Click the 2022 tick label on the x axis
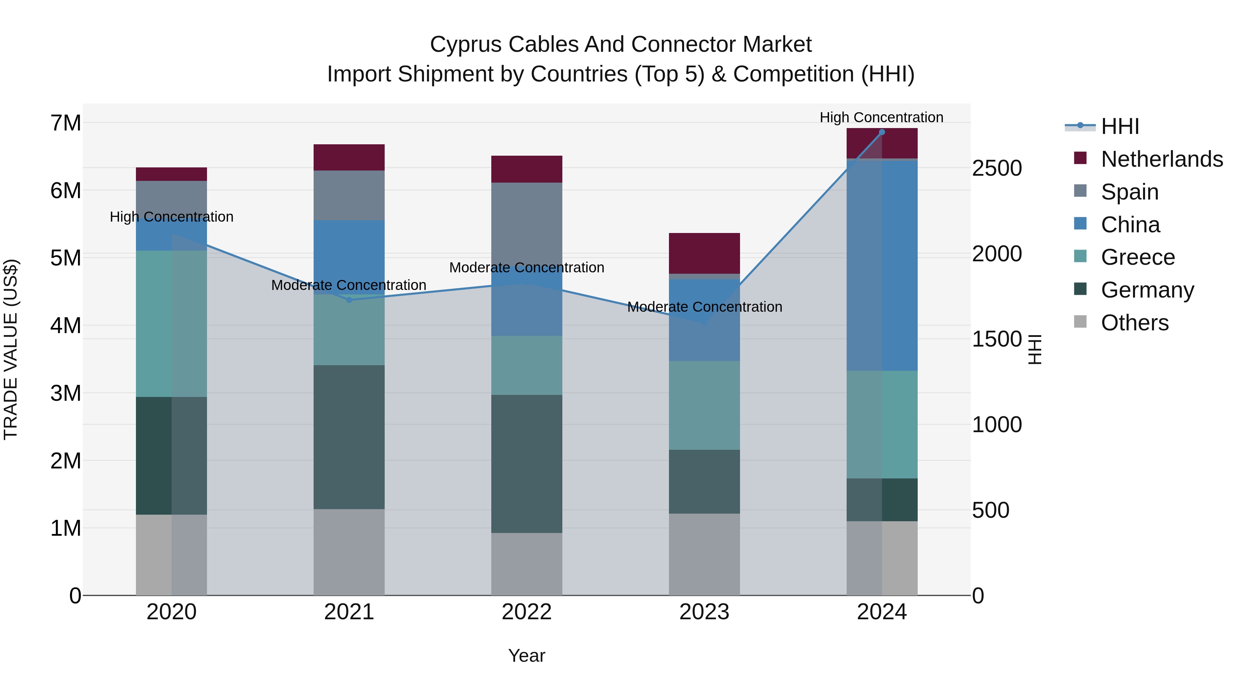tap(526, 612)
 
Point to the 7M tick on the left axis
tap(66, 123)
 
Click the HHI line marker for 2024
tap(882, 132)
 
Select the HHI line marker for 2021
tap(349, 300)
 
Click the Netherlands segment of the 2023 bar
tap(704, 253)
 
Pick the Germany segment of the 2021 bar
tap(349, 437)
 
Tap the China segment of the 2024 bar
tap(882, 265)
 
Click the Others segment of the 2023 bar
tap(704, 555)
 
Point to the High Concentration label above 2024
tap(881, 117)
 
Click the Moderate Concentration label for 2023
tap(704, 307)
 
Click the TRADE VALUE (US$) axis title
tap(11, 349)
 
